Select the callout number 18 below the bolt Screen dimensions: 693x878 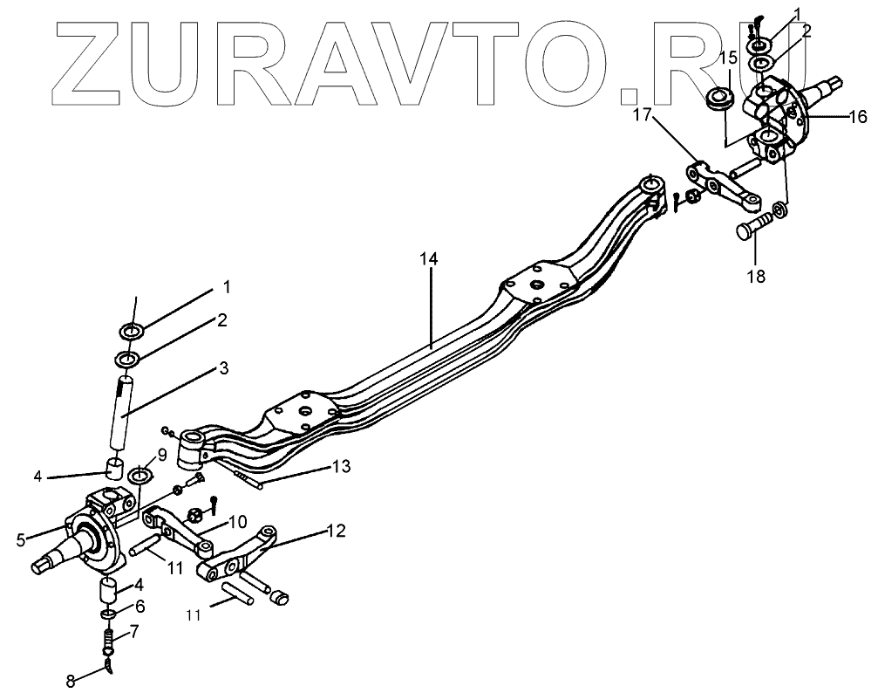(755, 277)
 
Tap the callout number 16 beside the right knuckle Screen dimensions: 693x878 (859, 116)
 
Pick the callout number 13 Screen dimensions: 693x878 (341, 467)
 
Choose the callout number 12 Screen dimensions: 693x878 (337, 530)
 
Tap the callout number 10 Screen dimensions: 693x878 (237, 523)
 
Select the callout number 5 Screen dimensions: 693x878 (21, 539)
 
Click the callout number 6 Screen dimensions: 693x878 (140, 605)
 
